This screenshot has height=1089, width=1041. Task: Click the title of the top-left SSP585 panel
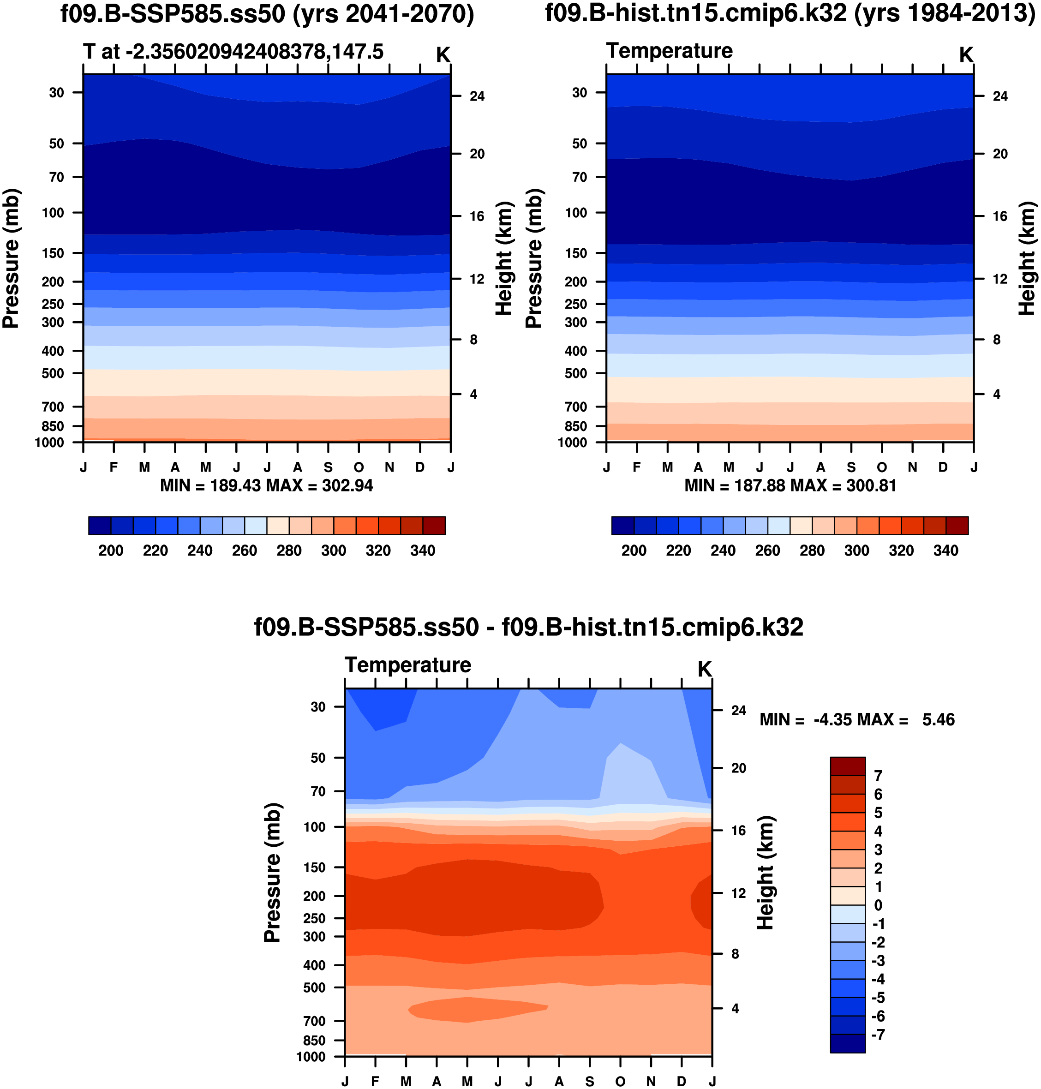pos(267,14)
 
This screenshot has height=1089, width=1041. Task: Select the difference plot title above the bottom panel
pos(528,628)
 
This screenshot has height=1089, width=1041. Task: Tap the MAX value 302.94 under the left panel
pos(347,486)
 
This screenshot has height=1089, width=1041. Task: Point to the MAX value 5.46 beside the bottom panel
pos(939,720)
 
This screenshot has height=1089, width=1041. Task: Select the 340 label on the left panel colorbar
pos(422,551)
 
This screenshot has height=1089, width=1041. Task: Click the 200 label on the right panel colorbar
pos(634,551)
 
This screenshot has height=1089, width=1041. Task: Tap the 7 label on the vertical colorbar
pos(878,776)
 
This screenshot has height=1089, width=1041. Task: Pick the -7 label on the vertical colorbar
pos(877,1035)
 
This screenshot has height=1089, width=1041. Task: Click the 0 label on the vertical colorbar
pos(878,905)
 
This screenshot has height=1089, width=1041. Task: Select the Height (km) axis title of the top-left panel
pos(503,258)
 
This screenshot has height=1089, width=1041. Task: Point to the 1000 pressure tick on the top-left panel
pos(49,443)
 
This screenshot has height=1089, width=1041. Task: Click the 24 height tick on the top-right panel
pos(1000,96)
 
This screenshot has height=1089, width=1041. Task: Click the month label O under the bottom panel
pos(620,1081)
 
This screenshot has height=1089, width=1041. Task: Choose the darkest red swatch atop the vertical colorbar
pos(847,766)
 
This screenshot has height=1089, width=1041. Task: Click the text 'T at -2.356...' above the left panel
pos(233,52)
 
